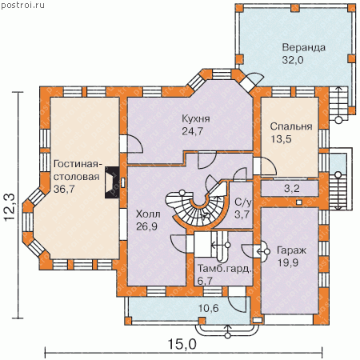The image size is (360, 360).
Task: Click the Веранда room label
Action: point(304,48)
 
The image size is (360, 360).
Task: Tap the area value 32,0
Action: point(293,60)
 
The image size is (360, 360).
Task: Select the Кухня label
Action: point(196,119)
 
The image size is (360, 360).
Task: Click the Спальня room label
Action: point(291,126)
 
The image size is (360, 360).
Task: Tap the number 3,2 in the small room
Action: point(291,189)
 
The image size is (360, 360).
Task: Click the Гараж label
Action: point(291,251)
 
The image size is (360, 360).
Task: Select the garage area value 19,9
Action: point(288,263)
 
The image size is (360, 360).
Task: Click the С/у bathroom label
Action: point(243,202)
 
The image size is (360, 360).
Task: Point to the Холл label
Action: point(148,214)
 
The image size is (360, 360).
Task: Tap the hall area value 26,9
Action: point(146,226)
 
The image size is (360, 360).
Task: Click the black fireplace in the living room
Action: point(112,182)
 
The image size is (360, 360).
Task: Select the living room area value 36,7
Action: point(64,189)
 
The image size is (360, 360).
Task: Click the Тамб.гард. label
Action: point(225,269)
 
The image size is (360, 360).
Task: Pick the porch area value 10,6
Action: point(209,308)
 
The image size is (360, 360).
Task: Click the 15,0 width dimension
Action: point(182,345)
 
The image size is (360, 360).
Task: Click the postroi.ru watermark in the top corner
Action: point(22,5)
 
